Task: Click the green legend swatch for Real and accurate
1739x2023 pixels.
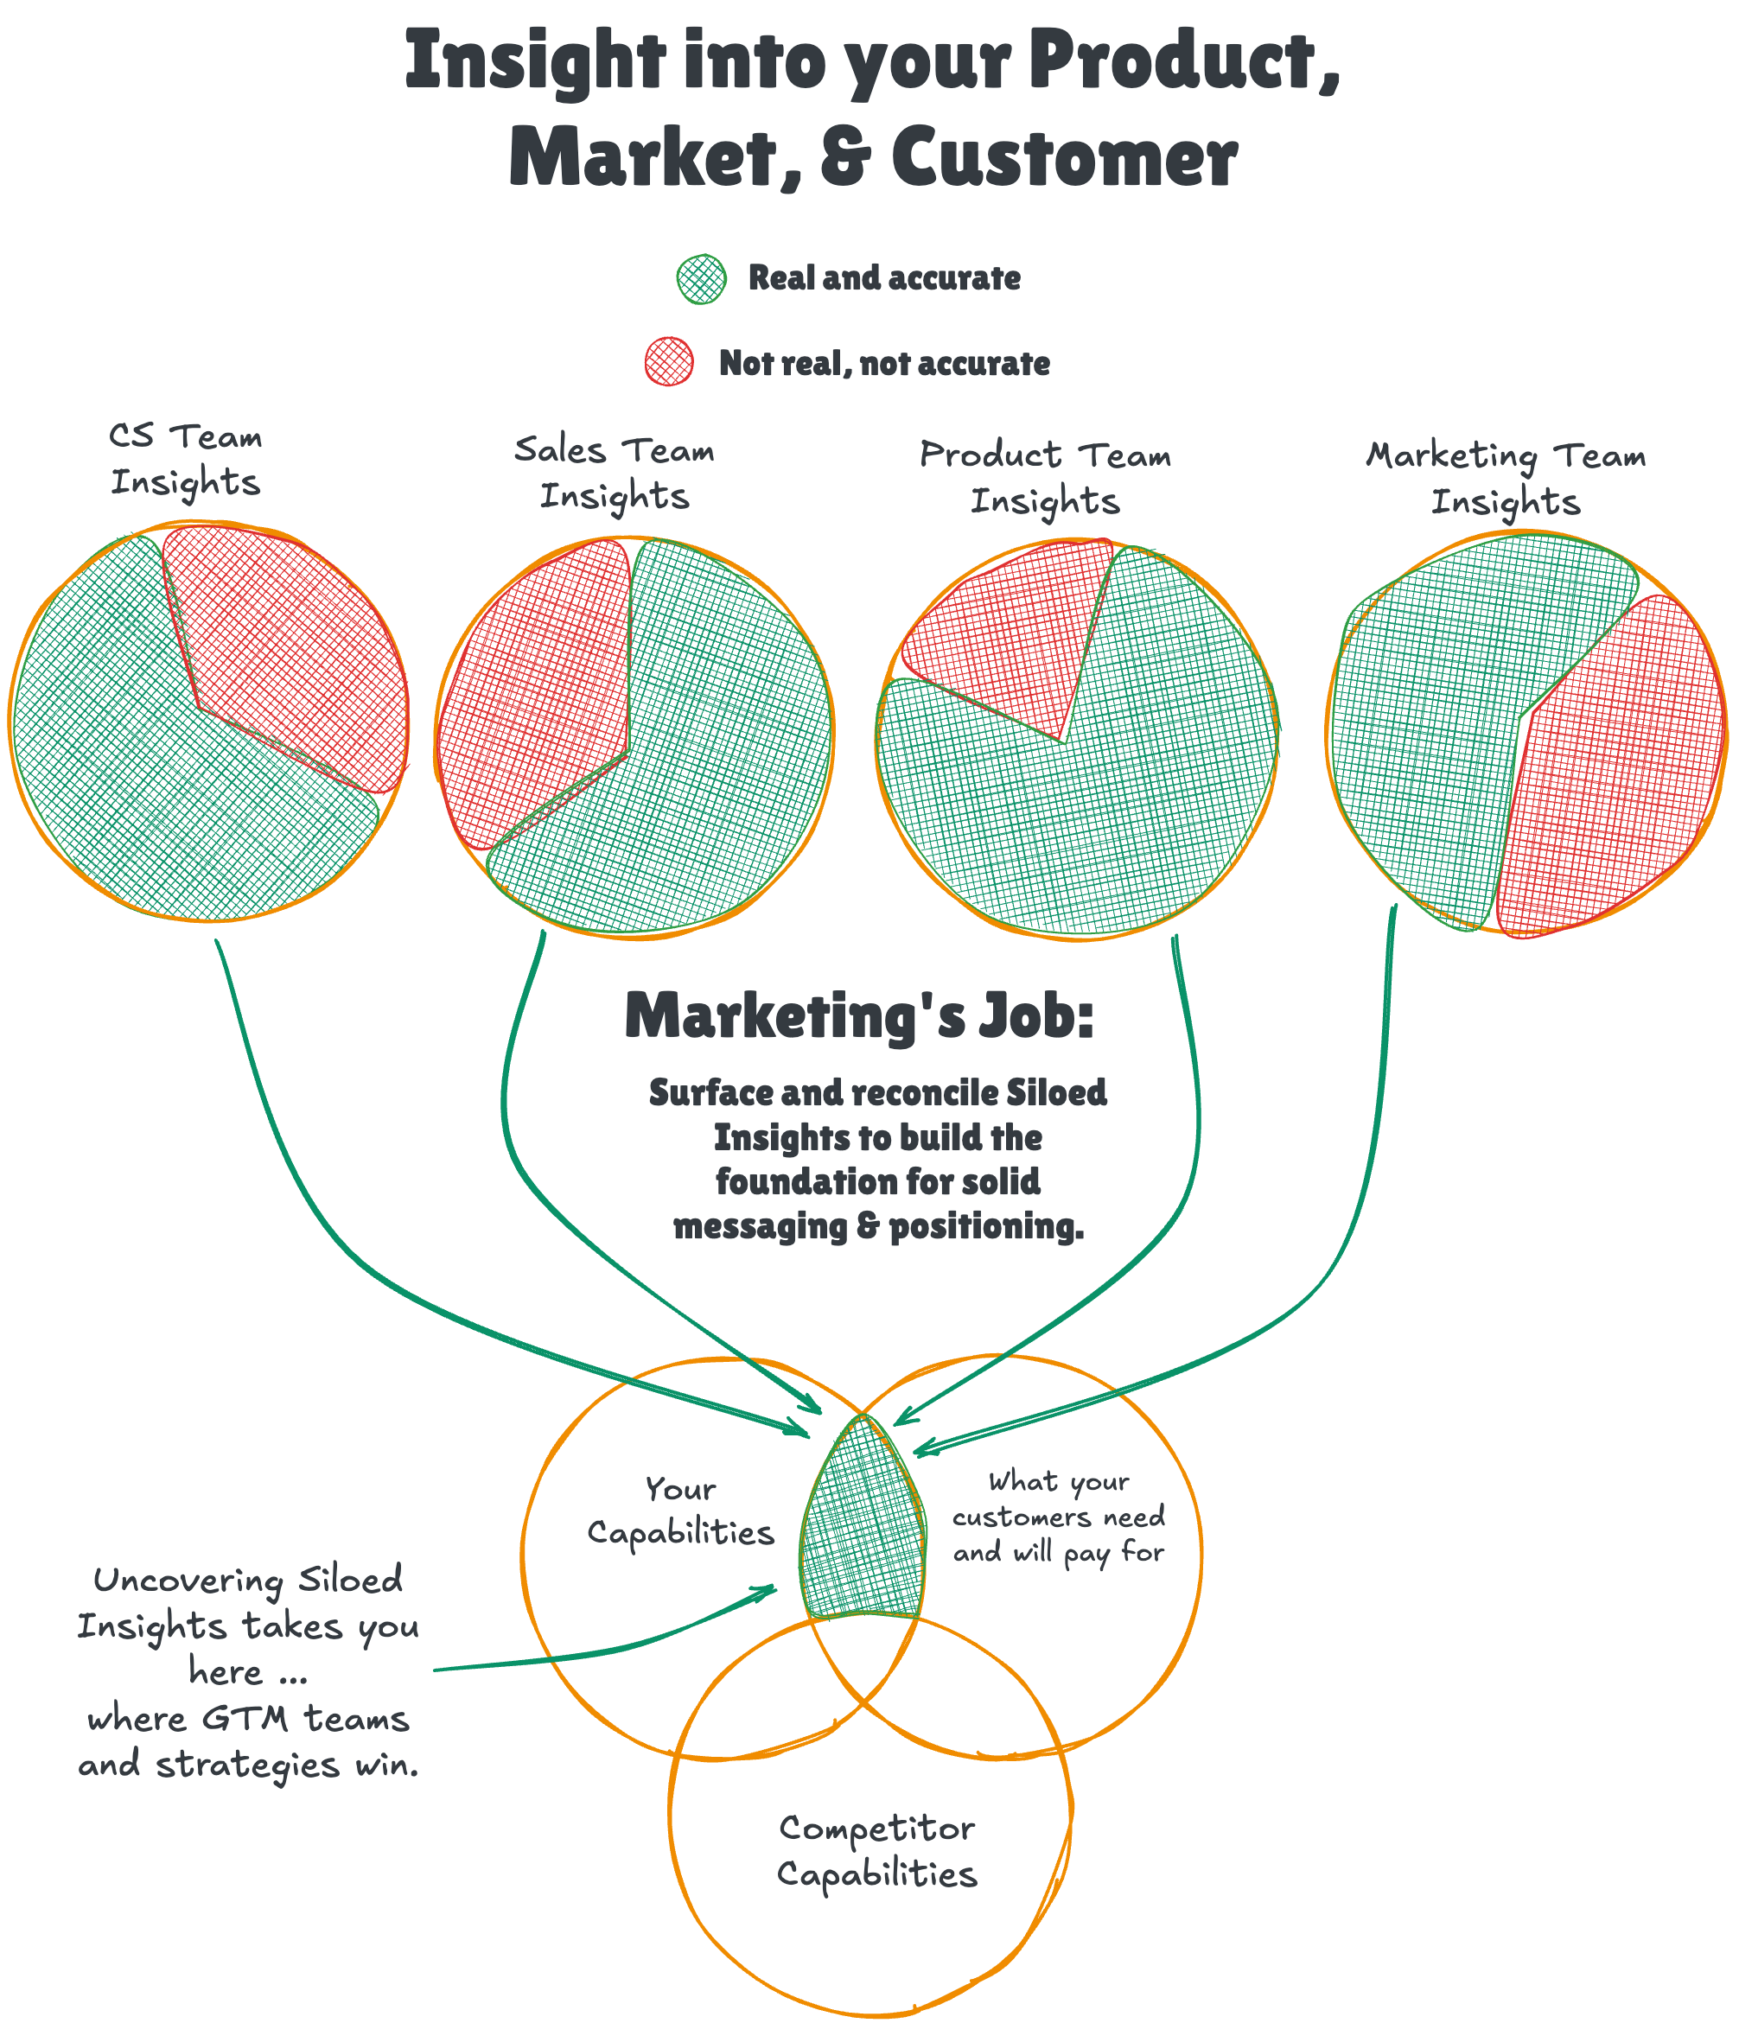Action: point(701,279)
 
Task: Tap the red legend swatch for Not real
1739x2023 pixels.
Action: point(669,362)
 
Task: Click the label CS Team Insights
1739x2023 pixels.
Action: point(186,459)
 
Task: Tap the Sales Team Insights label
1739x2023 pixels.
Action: point(615,473)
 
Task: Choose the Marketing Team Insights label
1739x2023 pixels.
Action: point(1505,479)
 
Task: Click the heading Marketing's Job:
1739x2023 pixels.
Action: point(859,1016)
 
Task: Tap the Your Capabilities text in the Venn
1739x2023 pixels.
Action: point(680,1511)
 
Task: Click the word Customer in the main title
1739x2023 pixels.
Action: point(1064,158)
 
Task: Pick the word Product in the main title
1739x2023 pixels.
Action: point(1182,60)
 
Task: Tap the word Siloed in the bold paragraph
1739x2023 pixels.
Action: point(1056,1092)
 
